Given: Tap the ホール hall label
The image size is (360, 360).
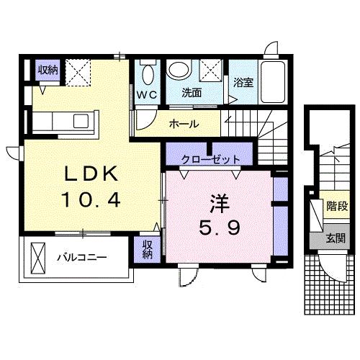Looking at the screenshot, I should tap(184, 125).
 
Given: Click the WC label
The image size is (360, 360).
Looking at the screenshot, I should tap(148, 93).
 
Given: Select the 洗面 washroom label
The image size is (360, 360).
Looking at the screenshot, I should tap(191, 93).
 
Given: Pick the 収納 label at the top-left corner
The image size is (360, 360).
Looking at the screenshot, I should tap(48, 70).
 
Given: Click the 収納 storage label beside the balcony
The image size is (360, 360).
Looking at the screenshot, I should tap(148, 249).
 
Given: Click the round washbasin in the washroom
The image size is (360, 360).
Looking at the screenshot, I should tap(179, 71).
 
